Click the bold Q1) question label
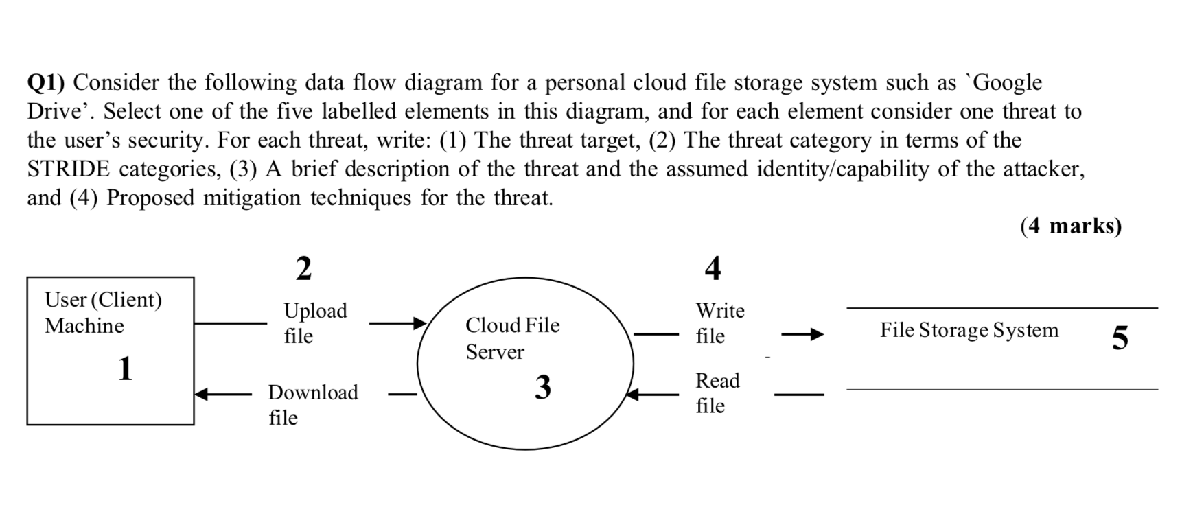(x=46, y=83)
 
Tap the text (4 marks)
(x=1070, y=226)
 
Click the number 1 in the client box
(x=125, y=368)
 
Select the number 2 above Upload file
(x=303, y=268)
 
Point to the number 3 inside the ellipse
(x=543, y=388)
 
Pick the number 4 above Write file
(x=713, y=268)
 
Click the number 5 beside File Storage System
(x=1120, y=338)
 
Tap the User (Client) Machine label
(x=103, y=312)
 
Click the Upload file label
(x=315, y=323)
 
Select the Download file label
(x=312, y=404)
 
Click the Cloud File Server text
(x=512, y=338)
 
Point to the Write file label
(x=719, y=323)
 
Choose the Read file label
(x=717, y=393)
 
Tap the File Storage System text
(x=969, y=330)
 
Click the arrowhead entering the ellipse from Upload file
(x=419, y=323)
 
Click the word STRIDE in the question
(x=68, y=169)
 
